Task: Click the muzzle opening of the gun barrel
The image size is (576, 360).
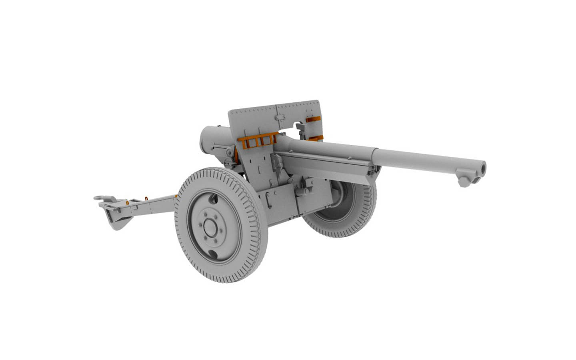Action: tap(483, 167)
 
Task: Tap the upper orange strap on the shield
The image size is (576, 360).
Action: tap(313, 119)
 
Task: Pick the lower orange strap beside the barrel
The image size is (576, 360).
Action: tap(316, 138)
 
